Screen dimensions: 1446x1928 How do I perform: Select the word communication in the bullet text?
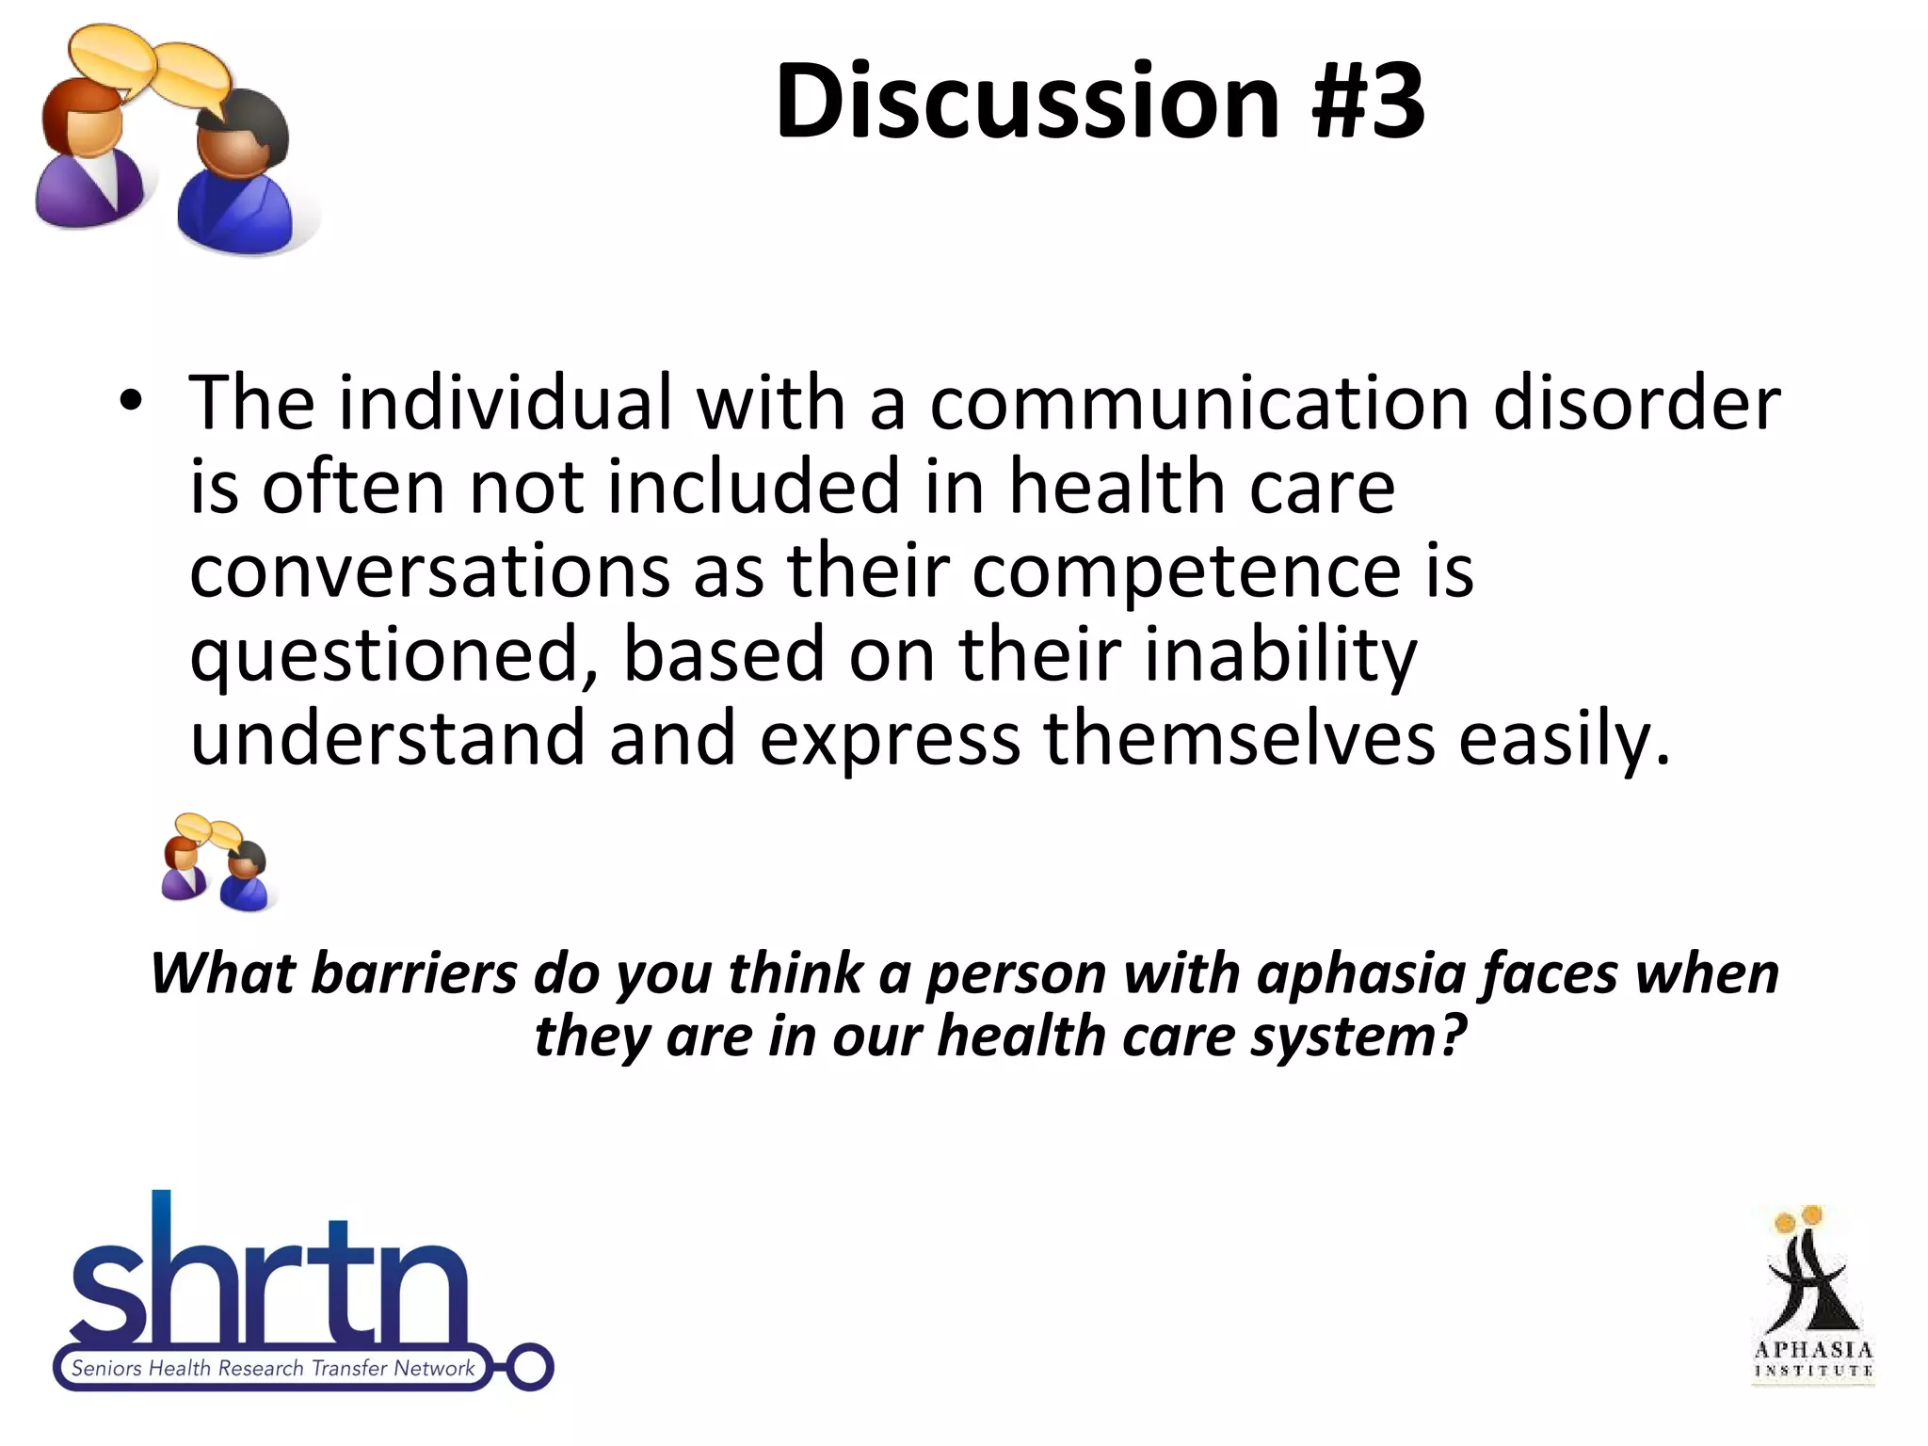tap(1199, 403)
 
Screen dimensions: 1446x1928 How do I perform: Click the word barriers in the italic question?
tap(414, 973)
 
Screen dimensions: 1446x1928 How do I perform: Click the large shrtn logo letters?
tap(268, 1280)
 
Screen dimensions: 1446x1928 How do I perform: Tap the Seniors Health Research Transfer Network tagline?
tap(273, 1368)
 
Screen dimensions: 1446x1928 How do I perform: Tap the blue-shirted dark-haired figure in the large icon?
tap(237, 179)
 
